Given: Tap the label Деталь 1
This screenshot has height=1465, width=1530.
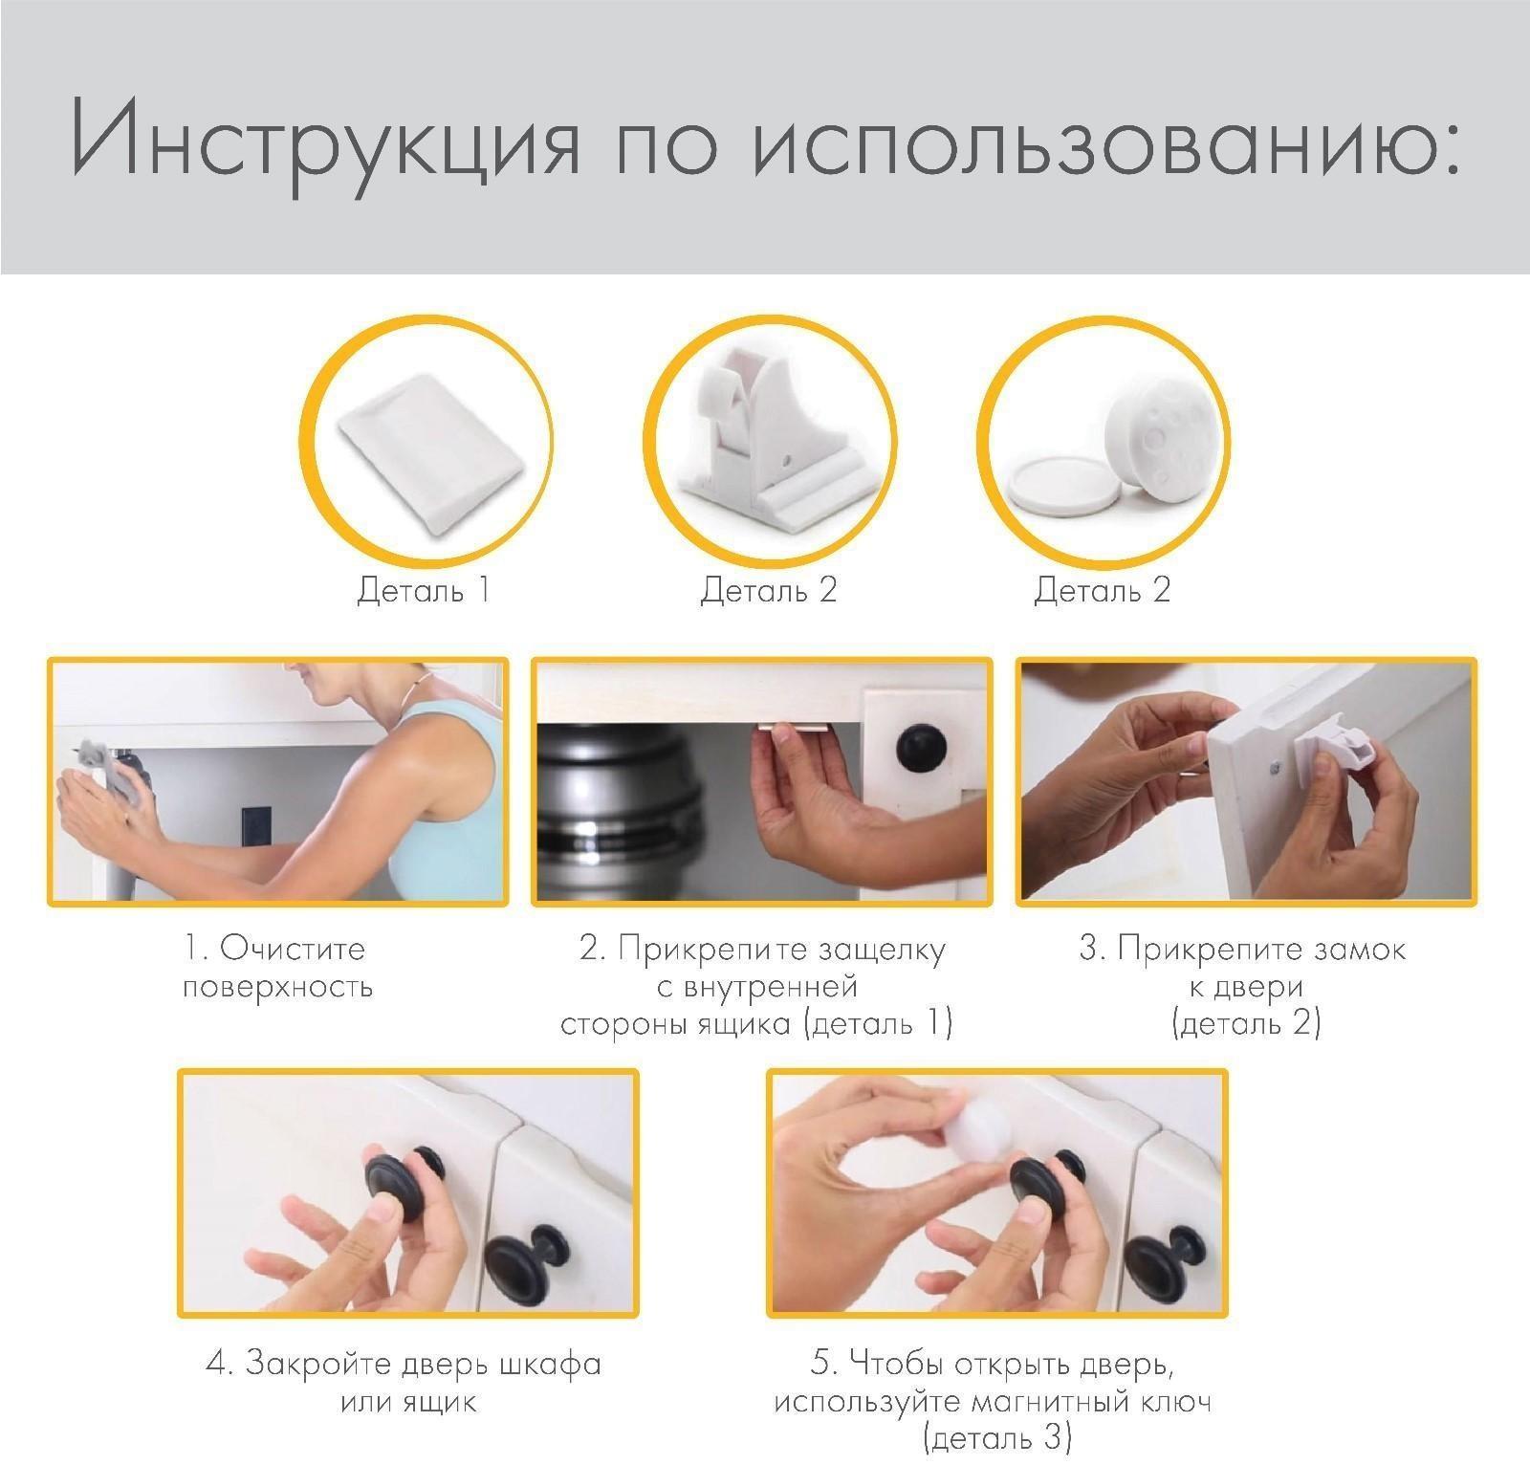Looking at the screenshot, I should pyautogui.click(x=424, y=589).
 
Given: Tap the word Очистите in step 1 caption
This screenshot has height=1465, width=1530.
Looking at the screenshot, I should pyautogui.click(x=292, y=949).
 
